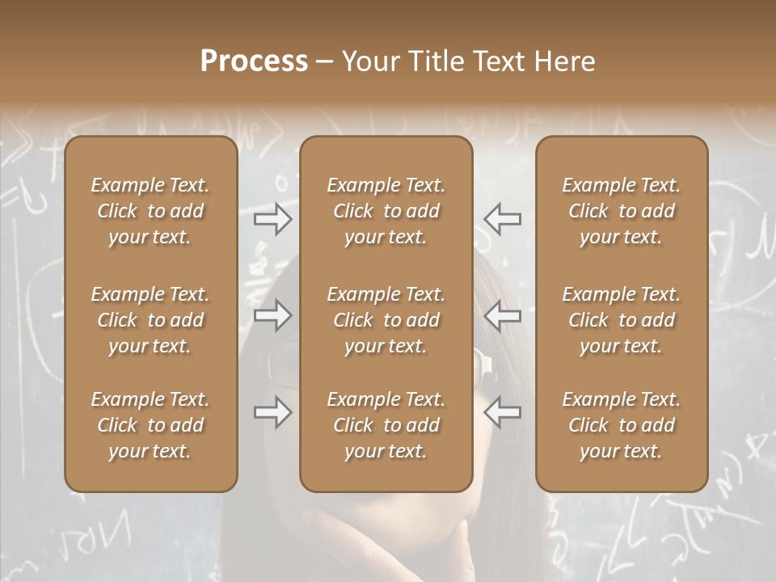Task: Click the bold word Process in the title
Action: (254, 61)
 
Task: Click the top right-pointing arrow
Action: (273, 218)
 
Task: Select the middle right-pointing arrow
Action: (273, 315)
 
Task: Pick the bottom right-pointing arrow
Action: (273, 412)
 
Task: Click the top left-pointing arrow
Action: (502, 218)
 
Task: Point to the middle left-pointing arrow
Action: (502, 315)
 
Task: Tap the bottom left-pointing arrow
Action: (502, 412)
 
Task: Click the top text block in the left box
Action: (150, 211)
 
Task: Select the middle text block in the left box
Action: (150, 320)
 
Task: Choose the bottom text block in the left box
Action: (150, 425)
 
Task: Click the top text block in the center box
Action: (386, 211)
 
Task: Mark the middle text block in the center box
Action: (386, 320)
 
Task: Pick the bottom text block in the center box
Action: (386, 425)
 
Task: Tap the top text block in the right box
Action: (621, 211)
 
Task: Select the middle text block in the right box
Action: (621, 320)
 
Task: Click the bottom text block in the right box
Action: (621, 425)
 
